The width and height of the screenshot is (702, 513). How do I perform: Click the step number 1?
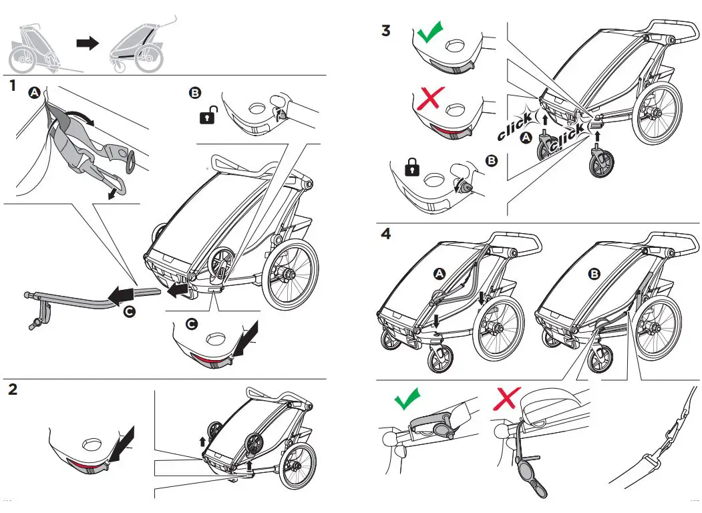[12, 86]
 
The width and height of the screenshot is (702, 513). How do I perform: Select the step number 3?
[385, 31]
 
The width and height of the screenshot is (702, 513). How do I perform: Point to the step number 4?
[386, 234]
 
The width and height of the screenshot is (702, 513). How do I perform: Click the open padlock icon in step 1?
[207, 117]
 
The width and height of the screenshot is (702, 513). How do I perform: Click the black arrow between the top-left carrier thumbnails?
[87, 43]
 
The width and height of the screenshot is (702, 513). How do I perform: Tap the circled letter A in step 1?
[34, 94]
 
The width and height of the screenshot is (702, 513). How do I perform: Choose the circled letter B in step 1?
[195, 94]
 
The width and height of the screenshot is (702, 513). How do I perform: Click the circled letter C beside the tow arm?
[128, 311]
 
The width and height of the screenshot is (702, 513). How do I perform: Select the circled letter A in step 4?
[439, 273]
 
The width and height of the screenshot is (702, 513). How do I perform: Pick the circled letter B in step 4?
[594, 273]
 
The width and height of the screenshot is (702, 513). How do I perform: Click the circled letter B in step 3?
[493, 160]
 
